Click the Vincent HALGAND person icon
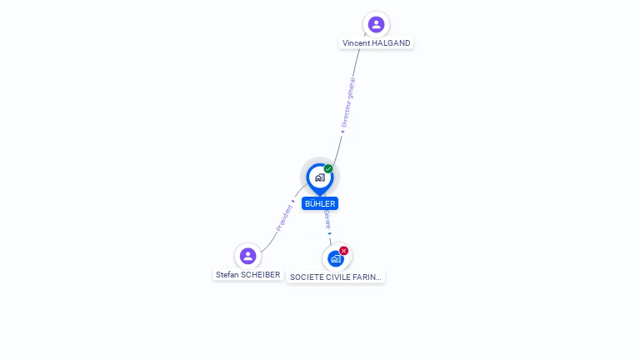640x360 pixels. click(x=376, y=24)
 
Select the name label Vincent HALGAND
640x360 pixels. click(x=376, y=43)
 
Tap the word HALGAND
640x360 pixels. click(x=392, y=43)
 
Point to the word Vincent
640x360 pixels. click(x=357, y=43)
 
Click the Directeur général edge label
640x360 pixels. click(x=348, y=102)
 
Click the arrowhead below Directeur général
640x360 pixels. click(x=342, y=130)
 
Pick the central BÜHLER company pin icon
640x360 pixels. click(x=319, y=177)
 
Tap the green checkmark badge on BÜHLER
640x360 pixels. click(x=328, y=169)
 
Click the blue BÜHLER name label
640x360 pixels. click(x=320, y=203)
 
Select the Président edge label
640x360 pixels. click(x=283, y=217)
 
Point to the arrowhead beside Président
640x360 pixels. click(x=293, y=201)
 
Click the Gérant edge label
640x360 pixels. click(x=327, y=219)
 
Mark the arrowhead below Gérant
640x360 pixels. click(x=329, y=234)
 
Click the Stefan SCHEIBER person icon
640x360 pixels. click(x=247, y=256)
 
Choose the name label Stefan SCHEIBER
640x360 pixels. click(x=247, y=274)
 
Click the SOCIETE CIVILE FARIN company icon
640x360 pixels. click(x=335, y=258)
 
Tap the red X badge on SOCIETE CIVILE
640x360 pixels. click(x=343, y=251)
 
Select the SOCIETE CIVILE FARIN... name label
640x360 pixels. click(x=336, y=277)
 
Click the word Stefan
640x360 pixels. click(x=227, y=274)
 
